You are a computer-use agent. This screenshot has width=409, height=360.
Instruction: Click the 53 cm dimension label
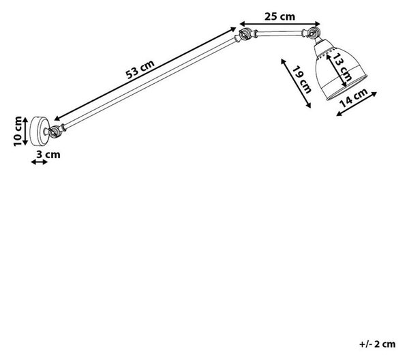click(140, 69)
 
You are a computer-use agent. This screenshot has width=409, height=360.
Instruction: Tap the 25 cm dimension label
click(280, 16)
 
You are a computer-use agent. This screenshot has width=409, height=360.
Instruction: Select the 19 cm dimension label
click(302, 80)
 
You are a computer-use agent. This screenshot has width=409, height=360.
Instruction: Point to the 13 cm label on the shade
click(343, 67)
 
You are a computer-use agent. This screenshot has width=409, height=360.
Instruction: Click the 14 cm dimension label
click(353, 97)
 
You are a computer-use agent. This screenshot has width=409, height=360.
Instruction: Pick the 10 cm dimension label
click(18, 131)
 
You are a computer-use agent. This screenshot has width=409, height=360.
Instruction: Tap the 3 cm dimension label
click(48, 154)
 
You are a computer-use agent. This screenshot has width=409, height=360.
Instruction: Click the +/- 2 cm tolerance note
click(377, 344)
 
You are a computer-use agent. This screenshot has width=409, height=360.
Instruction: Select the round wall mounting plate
click(40, 131)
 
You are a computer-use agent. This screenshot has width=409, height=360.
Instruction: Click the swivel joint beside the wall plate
click(55, 131)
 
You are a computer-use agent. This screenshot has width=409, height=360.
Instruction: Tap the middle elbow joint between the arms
click(245, 34)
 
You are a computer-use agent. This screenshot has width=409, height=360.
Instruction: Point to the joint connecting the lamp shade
click(312, 33)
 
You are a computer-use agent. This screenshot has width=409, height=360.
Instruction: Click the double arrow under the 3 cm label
click(40, 162)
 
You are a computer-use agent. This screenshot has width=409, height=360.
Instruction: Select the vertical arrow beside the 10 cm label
click(25, 131)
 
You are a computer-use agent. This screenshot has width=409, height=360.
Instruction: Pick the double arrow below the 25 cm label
click(280, 24)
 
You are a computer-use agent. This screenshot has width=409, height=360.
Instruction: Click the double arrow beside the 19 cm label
click(296, 83)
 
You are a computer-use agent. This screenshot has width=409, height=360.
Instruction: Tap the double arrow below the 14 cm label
click(357, 104)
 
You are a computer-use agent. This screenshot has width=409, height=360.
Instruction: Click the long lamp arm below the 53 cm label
click(150, 83)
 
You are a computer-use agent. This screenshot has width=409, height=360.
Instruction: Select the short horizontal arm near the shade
click(279, 33)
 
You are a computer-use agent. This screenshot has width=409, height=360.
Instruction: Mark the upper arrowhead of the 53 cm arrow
click(233, 29)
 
